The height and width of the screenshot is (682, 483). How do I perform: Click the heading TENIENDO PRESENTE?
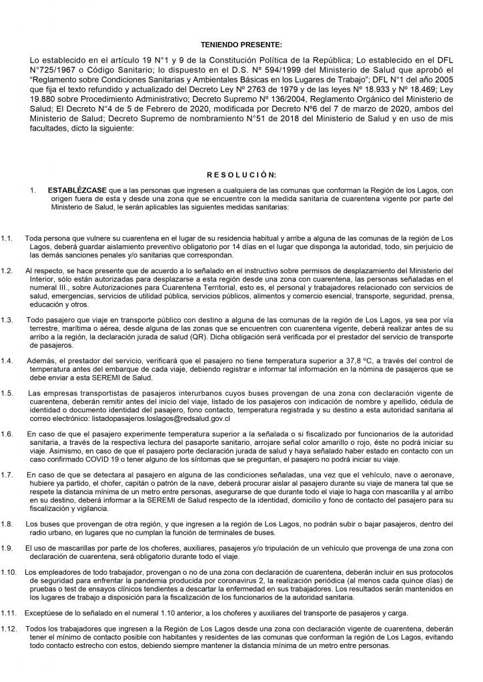point(241,45)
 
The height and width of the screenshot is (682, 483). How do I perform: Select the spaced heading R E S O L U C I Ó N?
point(241,175)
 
